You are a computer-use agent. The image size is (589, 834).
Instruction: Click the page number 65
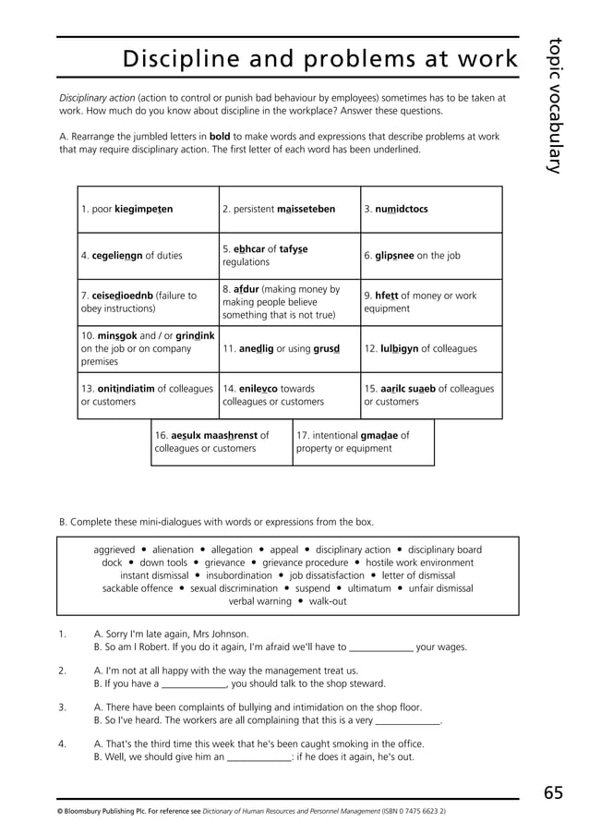(x=554, y=792)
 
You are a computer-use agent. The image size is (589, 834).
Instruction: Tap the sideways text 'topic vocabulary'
(x=554, y=104)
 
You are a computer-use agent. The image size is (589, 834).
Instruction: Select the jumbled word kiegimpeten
(x=143, y=210)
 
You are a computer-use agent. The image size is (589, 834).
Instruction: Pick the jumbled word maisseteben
(x=307, y=210)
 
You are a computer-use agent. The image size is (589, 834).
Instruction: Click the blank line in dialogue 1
(x=381, y=647)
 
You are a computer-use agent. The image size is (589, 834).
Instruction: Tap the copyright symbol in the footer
(x=60, y=811)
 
